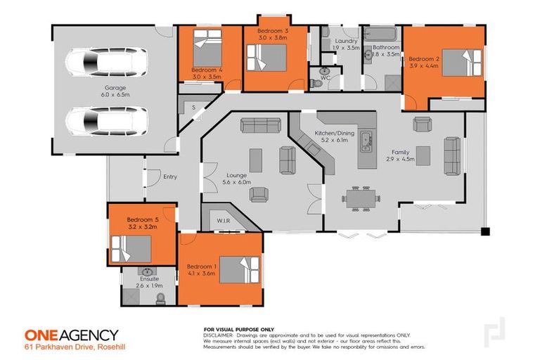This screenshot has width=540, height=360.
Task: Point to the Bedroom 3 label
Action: pyautogui.click(x=272, y=32)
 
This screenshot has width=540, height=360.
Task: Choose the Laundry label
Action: pyautogui.click(x=347, y=41)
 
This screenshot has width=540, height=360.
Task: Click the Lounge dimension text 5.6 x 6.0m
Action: pyautogui.click(x=234, y=182)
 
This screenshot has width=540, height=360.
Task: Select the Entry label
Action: pyautogui.click(x=170, y=176)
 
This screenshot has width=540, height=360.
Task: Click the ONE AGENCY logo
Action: pyautogui.click(x=71, y=335)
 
